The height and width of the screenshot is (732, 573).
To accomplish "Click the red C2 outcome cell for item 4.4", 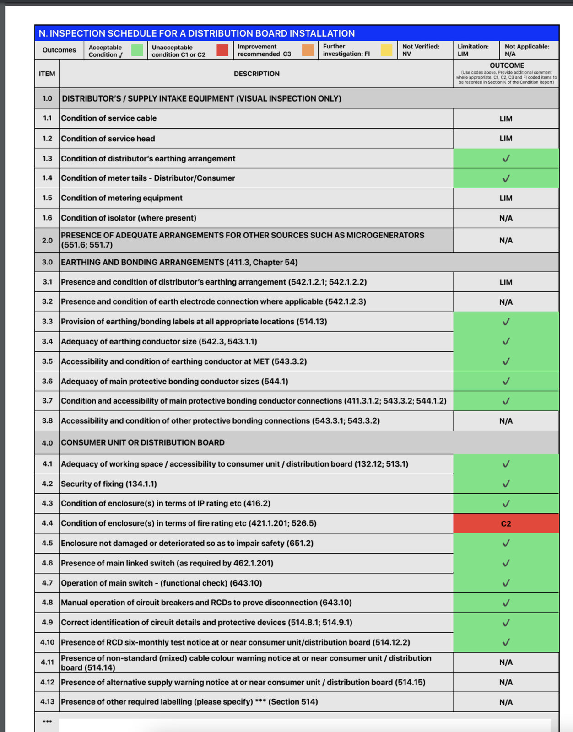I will (x=506, y=523).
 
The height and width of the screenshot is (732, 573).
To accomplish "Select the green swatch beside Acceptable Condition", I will (x=137, y=50).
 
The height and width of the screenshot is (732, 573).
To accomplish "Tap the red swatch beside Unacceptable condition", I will (x=222, y=50).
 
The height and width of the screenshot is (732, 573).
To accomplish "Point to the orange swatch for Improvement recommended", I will (x=308, y=50).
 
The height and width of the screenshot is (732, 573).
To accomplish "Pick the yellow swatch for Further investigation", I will (x=387, y=50).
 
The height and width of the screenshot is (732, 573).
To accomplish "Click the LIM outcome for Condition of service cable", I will (x=506, y=118).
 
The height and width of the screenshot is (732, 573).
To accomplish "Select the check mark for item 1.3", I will (x=506, y=159).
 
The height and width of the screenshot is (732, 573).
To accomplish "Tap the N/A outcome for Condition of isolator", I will (x=506, y=218).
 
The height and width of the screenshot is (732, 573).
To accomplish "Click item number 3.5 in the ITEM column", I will (x=47, y=361).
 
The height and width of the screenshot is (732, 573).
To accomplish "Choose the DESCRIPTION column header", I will (x=256, y=74).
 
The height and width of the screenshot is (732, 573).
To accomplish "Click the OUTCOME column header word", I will (x=507, y=65).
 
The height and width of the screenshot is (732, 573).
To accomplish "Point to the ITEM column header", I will (x=47, y=74).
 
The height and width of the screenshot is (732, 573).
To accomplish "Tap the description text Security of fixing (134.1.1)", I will (x=109, y=484).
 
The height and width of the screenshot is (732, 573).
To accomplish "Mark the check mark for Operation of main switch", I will (x=506, y=583).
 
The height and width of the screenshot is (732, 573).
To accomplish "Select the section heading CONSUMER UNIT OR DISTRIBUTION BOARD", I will (x=143, y=442).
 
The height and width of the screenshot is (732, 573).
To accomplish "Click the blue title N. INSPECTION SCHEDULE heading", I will (x=197, y=33).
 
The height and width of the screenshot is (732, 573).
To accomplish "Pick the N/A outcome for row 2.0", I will (x=506, y=240).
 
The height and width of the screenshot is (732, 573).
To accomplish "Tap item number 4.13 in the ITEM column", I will (x=47, y=702).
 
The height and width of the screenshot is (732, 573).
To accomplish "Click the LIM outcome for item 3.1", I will (x=506, y=282).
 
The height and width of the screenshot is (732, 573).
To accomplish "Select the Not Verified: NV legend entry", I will (x=421, y=50).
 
